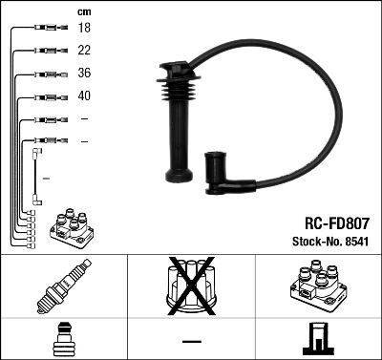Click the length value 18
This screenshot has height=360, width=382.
click(84, 29)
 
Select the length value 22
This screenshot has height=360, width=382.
click(84, 51)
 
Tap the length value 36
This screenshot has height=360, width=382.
click(84, 74)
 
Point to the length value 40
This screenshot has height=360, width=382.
click(84, 96)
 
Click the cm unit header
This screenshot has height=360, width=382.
click(83, 11)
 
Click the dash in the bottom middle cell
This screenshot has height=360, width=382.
click(191, 341)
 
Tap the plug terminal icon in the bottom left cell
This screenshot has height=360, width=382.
click(63, 340)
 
